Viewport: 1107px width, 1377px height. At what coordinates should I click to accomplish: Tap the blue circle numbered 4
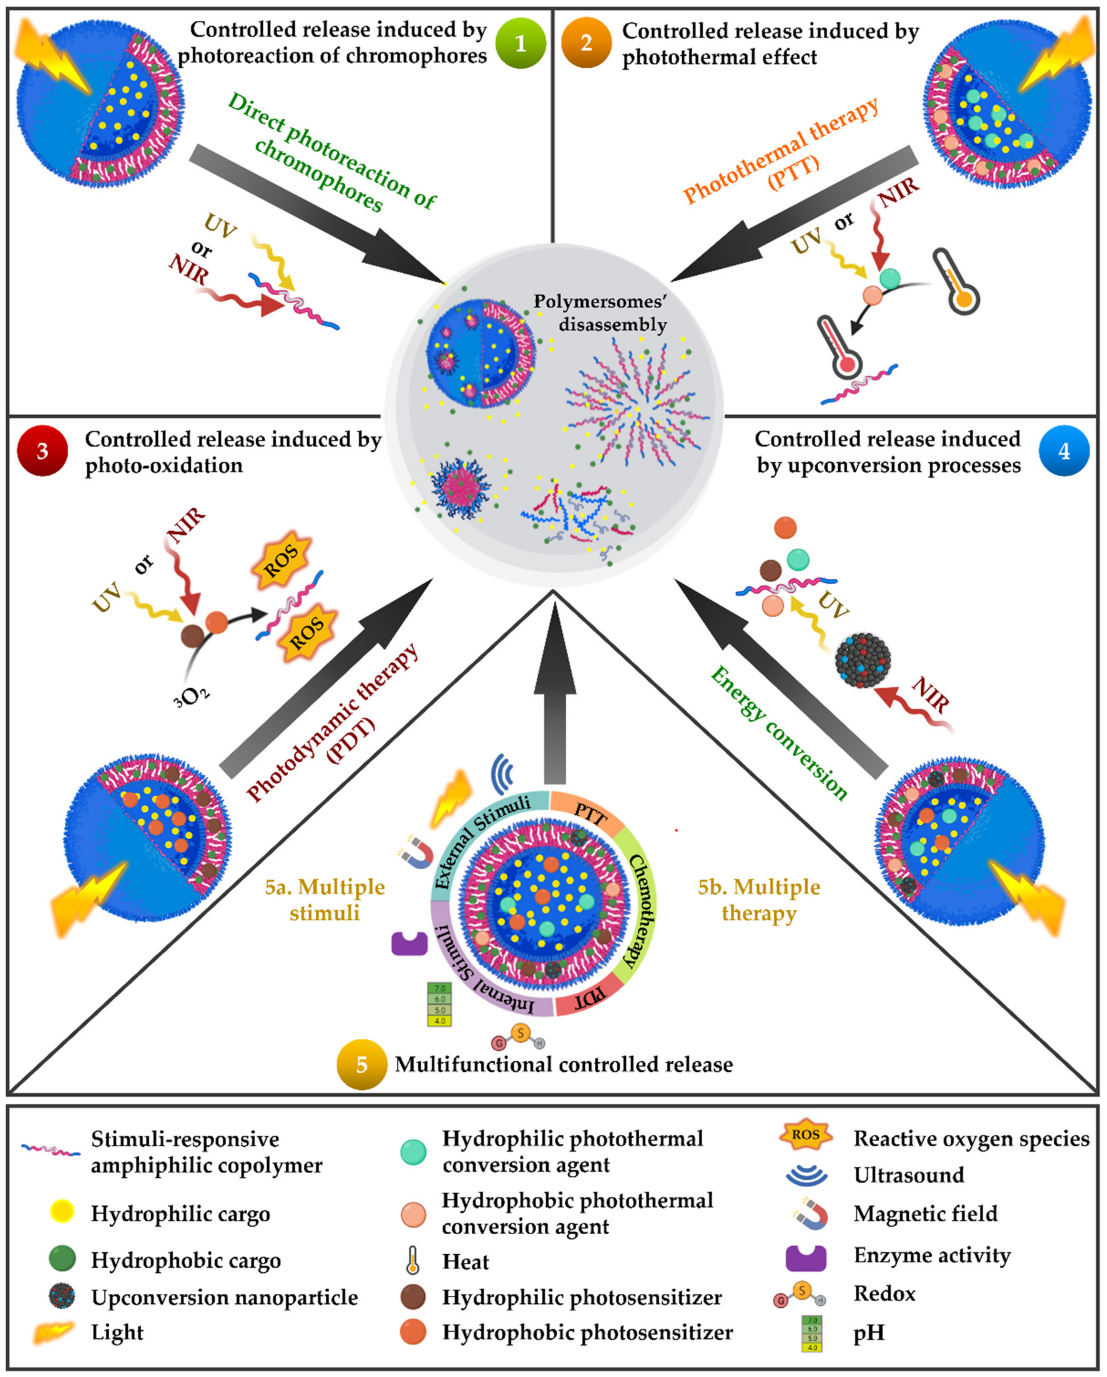pyautogui.click(x=1063, y=451)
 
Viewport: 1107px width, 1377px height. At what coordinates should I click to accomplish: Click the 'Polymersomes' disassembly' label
pyautogui.click(x=600, y=313)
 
